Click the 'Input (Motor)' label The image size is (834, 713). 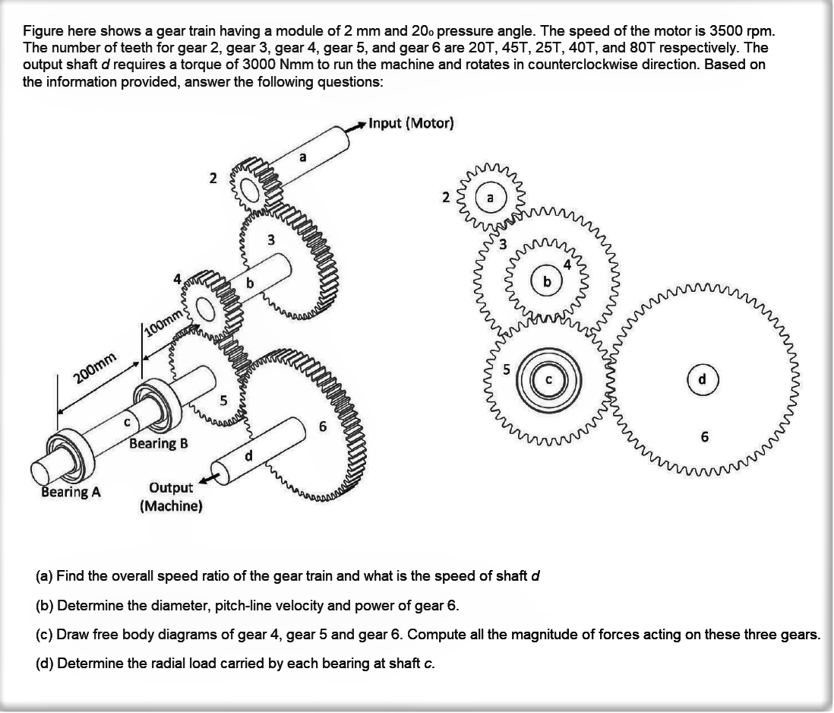point(411,123)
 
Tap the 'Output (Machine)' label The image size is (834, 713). point(171,496)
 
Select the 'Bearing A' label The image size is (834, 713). point(71,492)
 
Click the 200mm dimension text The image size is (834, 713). point(94,369)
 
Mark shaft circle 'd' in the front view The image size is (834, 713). point(703,379)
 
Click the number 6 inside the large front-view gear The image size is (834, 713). point(705,437)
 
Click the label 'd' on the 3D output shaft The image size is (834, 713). point(248,456)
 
